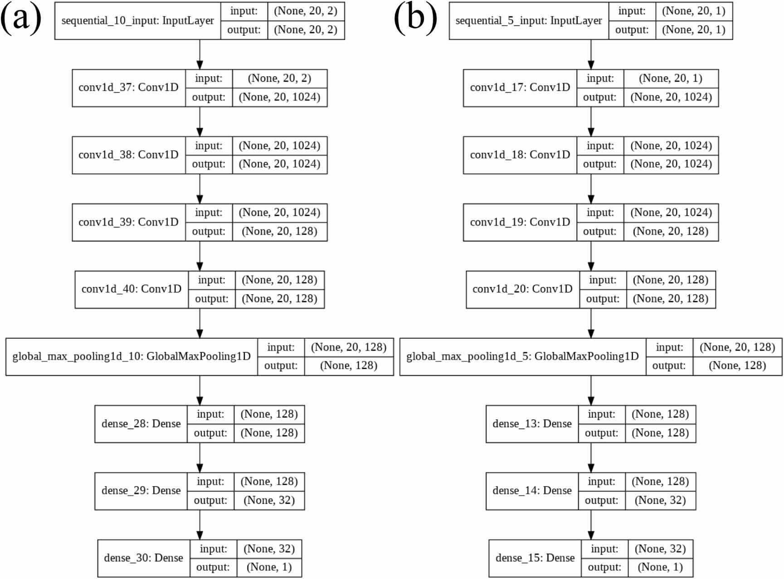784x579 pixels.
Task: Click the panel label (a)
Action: [21, 18]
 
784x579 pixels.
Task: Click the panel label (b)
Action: [415, 18]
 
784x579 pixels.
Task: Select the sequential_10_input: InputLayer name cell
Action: [137, 21]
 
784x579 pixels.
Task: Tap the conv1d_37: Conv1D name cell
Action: [128, 88]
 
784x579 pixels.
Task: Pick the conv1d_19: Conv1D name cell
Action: [520, 222]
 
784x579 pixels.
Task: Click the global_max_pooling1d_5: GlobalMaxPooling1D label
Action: [522, 357]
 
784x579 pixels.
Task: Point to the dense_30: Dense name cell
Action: [143, 558]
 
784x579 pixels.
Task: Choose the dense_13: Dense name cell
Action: [532, 424]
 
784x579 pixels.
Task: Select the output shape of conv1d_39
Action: [279, 232]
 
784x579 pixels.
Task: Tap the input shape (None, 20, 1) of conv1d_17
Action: [671, 78]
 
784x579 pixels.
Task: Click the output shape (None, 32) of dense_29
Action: [269, 501]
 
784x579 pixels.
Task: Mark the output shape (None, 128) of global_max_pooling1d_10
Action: [349, 366]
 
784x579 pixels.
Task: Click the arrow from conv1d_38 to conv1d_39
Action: [200, 189]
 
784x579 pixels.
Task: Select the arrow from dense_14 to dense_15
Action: [591, 525]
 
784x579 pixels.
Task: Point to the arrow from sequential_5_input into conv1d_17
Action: [591, 54]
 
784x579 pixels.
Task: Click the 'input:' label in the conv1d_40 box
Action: [211, 280]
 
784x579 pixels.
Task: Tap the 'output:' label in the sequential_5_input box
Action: [632, 30]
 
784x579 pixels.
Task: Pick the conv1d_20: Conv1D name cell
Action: [522, 289]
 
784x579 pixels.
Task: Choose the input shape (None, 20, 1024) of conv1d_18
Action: [671, 146]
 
